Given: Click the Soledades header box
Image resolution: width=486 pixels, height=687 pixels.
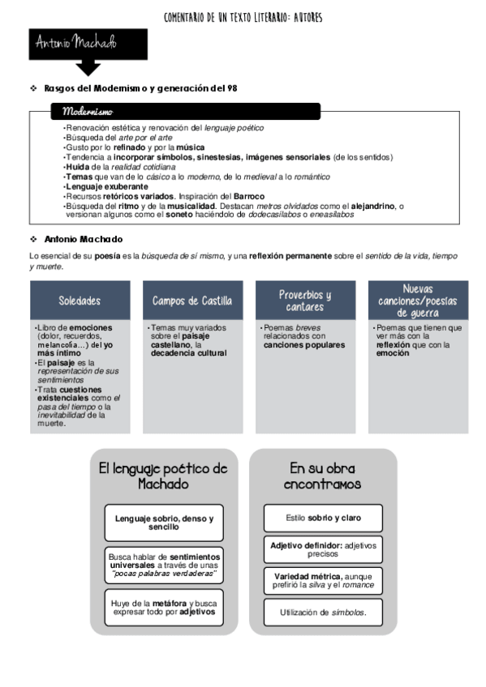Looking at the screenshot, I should coord(80,301).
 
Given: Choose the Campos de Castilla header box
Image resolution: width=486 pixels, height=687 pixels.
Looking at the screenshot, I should coord(192,301).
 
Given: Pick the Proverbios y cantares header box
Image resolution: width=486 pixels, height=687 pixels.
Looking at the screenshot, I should coord(305,301).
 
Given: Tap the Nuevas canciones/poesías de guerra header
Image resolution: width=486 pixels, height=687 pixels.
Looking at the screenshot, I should coord(418,301).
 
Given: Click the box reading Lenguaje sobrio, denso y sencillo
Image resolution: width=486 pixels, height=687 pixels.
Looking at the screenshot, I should coord(164,523).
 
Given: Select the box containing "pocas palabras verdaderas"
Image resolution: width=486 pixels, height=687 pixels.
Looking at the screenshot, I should coord(164,565).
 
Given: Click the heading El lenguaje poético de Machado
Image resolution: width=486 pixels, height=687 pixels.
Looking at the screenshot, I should coord(163,476).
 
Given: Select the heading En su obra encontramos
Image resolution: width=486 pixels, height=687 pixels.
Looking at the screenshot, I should coord(323,476).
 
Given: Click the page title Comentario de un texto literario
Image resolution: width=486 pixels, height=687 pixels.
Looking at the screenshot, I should coord(243,17).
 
